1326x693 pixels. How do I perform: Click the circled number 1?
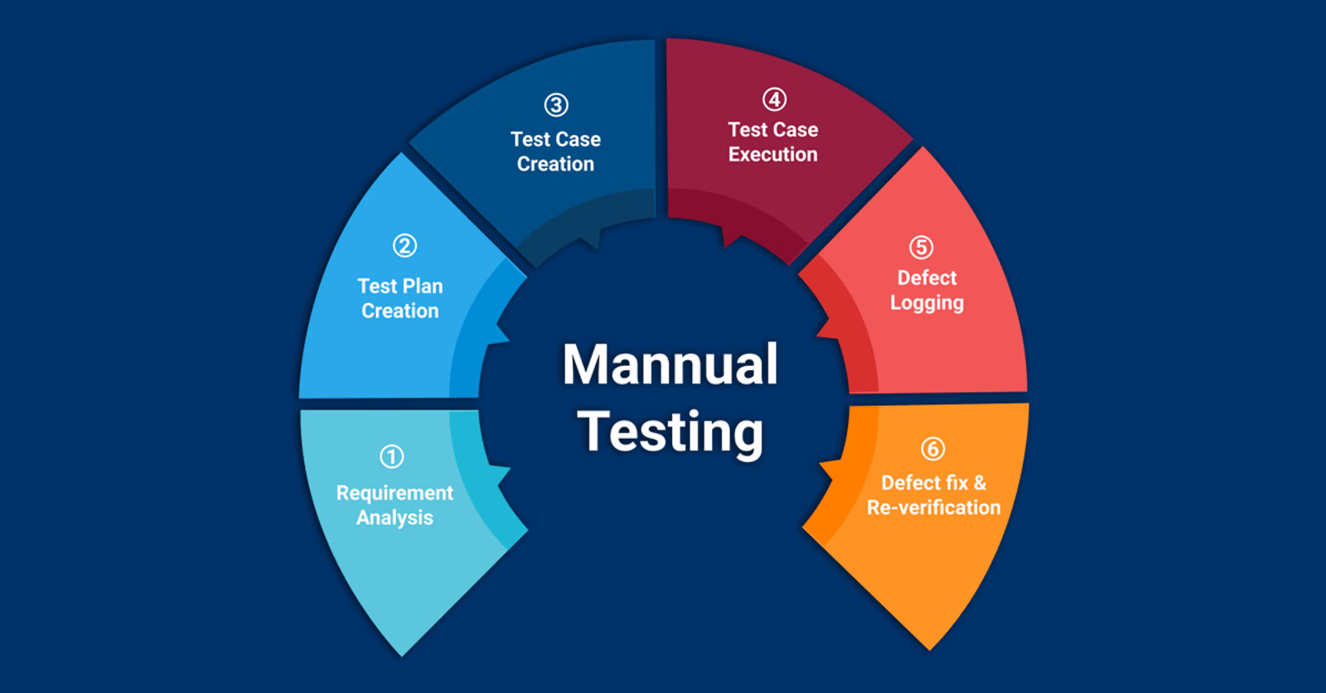pyautogui.click(x=391, y=456)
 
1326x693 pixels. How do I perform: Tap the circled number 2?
pyautogui.click(x=405, y=245)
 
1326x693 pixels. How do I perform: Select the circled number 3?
pyautogui.click(x=556, y=105)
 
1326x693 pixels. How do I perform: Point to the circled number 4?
pyautogui.click(x=774, y=99)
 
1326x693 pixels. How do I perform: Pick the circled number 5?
pyautogui.click(x=921, y=248)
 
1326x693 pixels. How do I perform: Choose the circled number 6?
pyautogui.click(x=933, y=449)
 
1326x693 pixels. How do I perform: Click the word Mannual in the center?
pyautogui.click(x=670, y=364)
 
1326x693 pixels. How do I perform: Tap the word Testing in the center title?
pyautogui.click(x=670, y=432)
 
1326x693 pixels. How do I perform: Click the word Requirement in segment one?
pyautogui.click(x=394, y=493)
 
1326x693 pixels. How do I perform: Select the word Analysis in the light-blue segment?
pyautogui.click(x=394, y=518)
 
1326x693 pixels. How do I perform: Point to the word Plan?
pyautogui.click(x=423, y=286)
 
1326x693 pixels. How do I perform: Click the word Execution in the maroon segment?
pyautogui.click(x=773, y=154)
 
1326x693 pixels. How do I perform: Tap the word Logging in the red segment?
pyautogui.click(x=927, y=303)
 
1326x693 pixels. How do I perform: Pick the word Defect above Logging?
pyautogui.click(x=927, y=278)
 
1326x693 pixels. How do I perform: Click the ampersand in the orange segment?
pyautogui.click(x=980, y=483)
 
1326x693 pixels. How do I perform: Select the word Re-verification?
pyautogui.click(x=933, y=508)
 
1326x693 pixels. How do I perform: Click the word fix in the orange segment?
pyautogui.click(x=956, y=483)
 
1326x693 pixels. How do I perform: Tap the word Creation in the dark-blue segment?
pyautogui.click(x=555, y=164)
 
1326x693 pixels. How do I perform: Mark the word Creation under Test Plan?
pyautogui.click(x=400, y=311)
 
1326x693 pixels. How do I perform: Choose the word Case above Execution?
pyautogui.click(x=795, y=129)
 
